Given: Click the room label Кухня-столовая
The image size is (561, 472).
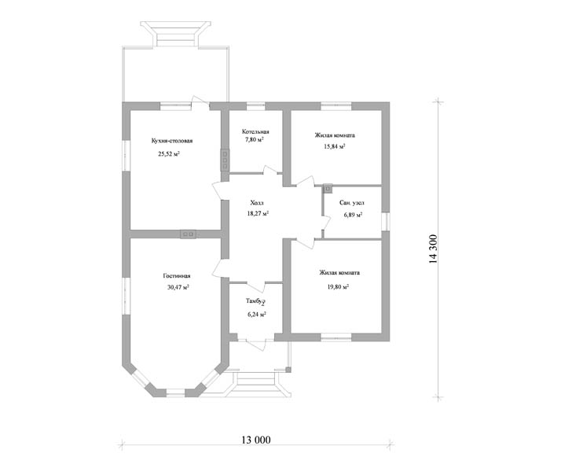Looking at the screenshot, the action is pos(172,141).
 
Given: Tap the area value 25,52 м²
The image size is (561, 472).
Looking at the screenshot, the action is pos(169,154).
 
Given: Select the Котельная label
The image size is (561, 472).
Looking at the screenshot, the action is pos(255,132).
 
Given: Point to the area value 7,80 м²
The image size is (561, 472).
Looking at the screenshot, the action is pos(255,140).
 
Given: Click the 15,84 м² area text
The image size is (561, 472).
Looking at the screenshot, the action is pos(335,146).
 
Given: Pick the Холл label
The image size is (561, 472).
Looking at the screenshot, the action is pos(257,203).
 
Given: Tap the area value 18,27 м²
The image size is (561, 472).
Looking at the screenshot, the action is pos(258,213).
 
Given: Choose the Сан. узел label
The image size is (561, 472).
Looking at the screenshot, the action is pos(352,203).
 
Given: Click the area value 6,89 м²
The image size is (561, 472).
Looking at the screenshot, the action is pos(353,215).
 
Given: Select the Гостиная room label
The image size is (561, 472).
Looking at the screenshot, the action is pos(177,276).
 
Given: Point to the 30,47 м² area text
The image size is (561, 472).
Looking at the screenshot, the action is pos(178,287).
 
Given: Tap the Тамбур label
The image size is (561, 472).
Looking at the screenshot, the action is pos(255,301).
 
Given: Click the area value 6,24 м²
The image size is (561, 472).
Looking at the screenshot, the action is pos(256,315).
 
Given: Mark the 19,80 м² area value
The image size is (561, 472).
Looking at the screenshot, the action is pos(338,287).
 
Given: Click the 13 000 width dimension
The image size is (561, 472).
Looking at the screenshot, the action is pos(256,440).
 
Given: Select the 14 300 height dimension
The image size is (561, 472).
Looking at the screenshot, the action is pos(433,249).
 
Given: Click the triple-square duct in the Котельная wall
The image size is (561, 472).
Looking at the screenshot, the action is pos(225,160).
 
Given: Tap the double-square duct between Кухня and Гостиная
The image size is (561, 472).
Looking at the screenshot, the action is pos(189,234).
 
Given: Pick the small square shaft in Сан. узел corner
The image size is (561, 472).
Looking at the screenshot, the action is pos(328,188).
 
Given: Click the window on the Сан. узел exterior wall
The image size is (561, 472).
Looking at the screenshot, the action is pos(385,222).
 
